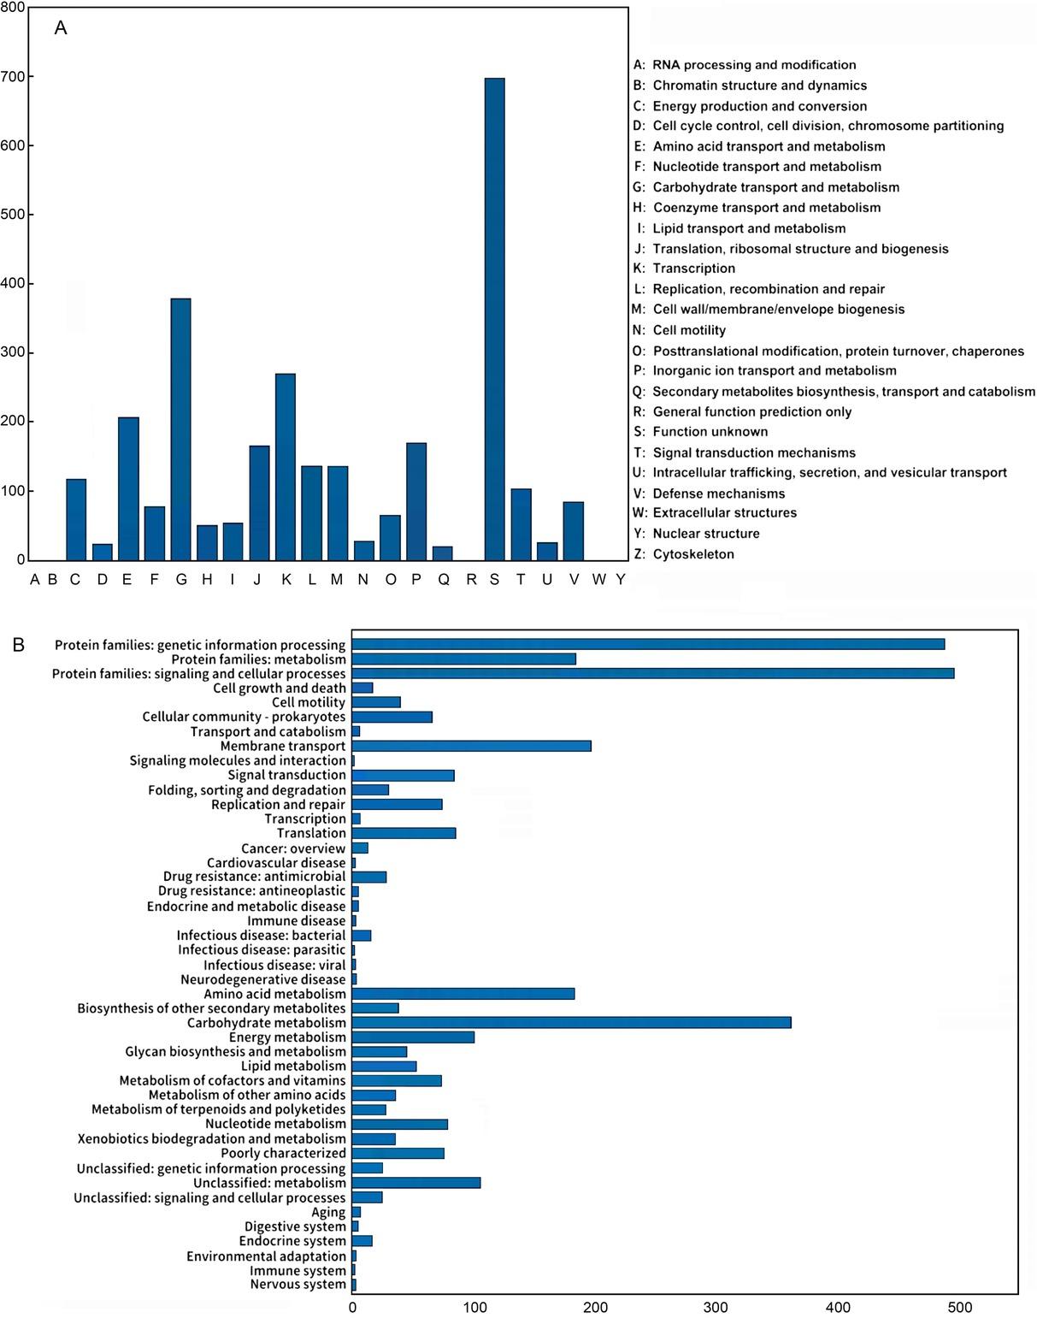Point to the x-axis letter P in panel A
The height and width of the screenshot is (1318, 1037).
(416, 580)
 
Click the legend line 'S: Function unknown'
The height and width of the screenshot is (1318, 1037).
(701, 432)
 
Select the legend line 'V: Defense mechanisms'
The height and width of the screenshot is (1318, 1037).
(709, 494)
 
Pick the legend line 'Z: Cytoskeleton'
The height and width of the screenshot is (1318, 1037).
(684, 554)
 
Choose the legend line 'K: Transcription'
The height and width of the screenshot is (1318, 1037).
(684, 269)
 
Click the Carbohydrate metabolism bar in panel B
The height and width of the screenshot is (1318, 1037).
(571, 1023)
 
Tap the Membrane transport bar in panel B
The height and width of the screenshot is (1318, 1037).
(471, 746)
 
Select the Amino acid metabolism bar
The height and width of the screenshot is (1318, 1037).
(463, 994)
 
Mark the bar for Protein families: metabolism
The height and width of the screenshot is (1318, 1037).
(463, 659)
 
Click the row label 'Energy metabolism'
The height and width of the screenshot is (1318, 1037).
(287, 1037)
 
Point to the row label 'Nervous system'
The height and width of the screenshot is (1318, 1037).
(298, 1285)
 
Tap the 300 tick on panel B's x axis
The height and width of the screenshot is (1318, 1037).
(716, 1308)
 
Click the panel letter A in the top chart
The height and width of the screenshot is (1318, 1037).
(61, 28)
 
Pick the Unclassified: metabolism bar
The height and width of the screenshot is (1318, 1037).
(415, 1183)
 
